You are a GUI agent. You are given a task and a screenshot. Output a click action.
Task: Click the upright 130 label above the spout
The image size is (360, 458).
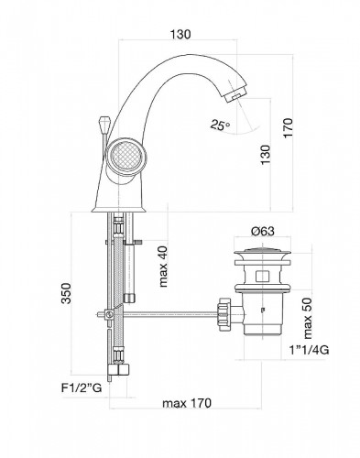pyautogui.click(x=180, y=34)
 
